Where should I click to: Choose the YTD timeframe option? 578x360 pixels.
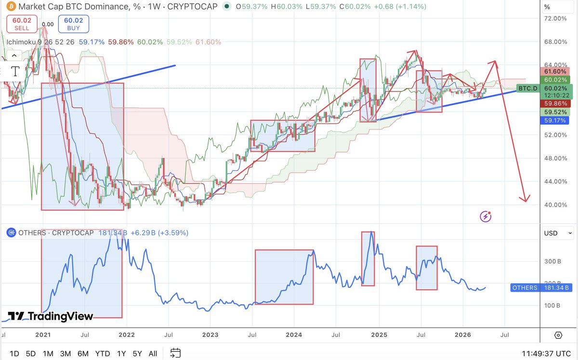(103, 354)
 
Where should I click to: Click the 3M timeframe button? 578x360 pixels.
(66, 354)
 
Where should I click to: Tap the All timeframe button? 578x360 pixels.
(153, 354)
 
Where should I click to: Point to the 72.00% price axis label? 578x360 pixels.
(555, 18)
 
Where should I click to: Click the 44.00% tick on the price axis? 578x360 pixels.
(555, 181)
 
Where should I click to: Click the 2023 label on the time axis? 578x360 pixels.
(210, 334)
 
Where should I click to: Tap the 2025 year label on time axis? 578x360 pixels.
(379, 334)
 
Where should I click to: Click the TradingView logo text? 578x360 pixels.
(51, 316)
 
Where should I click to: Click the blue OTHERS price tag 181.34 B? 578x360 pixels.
(540, 288)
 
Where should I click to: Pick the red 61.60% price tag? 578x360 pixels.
(555, 70)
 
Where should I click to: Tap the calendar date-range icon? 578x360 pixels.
(176, 354)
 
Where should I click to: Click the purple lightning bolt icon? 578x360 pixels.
(486, 217)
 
